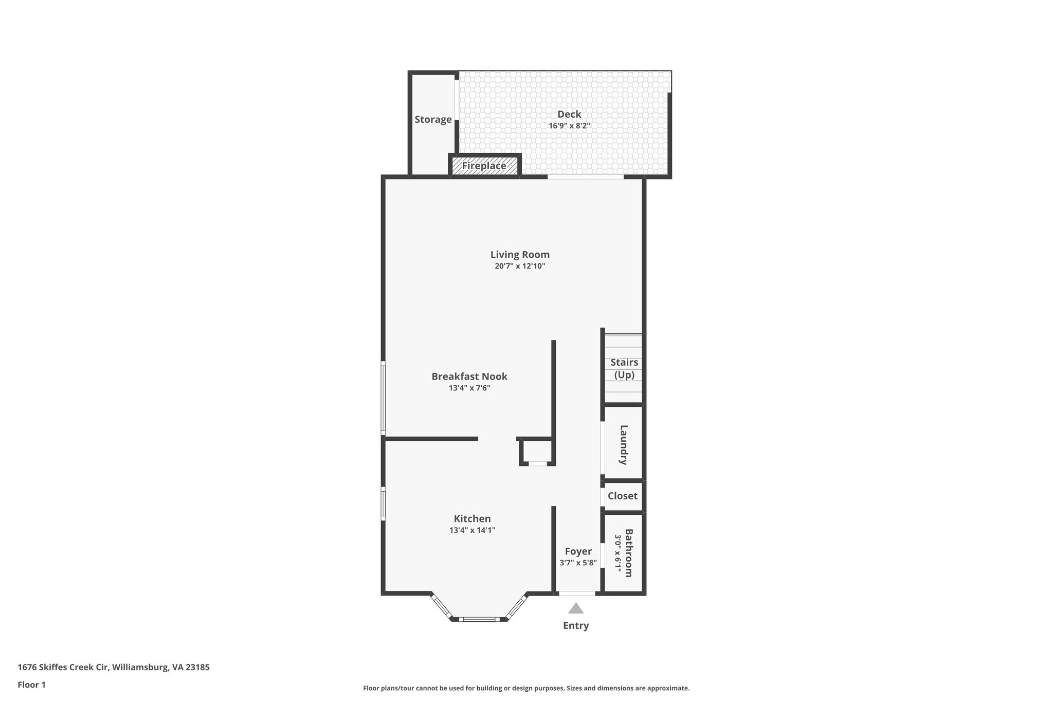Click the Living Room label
coord(520,255)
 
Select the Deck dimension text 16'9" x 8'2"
coord(569,125)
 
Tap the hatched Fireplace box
coord(484,166)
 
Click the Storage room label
coord(433,119)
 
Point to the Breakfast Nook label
coord(469,376)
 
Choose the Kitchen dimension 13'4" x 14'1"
coord(471,530)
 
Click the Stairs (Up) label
coord(624,368)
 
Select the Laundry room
coord(623,444)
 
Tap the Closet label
coord(622,496)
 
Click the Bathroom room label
coord(628,553)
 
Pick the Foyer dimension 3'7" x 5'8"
coord(578,563)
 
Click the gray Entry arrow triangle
coord(576,609)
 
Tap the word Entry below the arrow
coord(576,625)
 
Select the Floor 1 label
coord(32,685)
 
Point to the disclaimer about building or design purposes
coord(526,688)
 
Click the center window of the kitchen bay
coord(479,619)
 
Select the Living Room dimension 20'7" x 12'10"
coord(520,266)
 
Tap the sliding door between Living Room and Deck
coord(585,177)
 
